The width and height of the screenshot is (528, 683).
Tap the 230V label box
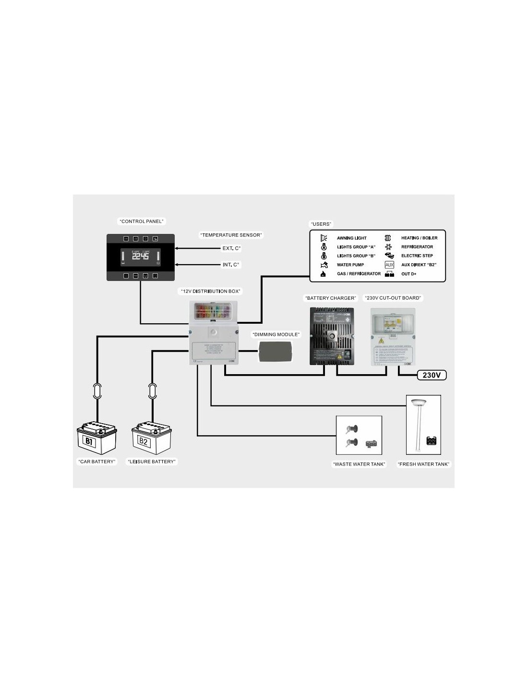coord(432,375)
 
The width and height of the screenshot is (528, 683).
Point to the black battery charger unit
coord(332,336)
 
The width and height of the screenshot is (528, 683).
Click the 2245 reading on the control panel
coord(141,256)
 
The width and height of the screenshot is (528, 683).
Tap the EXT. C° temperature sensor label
coord(231,248)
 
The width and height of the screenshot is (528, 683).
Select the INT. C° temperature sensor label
coord(231,265)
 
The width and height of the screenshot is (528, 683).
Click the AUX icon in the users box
coord(389,265)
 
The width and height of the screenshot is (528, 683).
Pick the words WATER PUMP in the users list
coord(350,265)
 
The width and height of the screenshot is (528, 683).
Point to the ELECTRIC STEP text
coord(417,256)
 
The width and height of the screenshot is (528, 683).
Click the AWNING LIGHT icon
coord(324,238)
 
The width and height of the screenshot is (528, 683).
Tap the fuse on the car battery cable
coord(97,390)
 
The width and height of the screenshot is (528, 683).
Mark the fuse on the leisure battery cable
coord(153,390)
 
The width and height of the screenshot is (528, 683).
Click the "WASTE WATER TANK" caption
coord(359,464)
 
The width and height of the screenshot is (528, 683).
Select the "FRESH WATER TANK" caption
coord(423,464)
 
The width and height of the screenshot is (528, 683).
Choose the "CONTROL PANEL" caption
coord(142,221)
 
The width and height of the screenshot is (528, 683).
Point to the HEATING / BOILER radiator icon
coord(388,238)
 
